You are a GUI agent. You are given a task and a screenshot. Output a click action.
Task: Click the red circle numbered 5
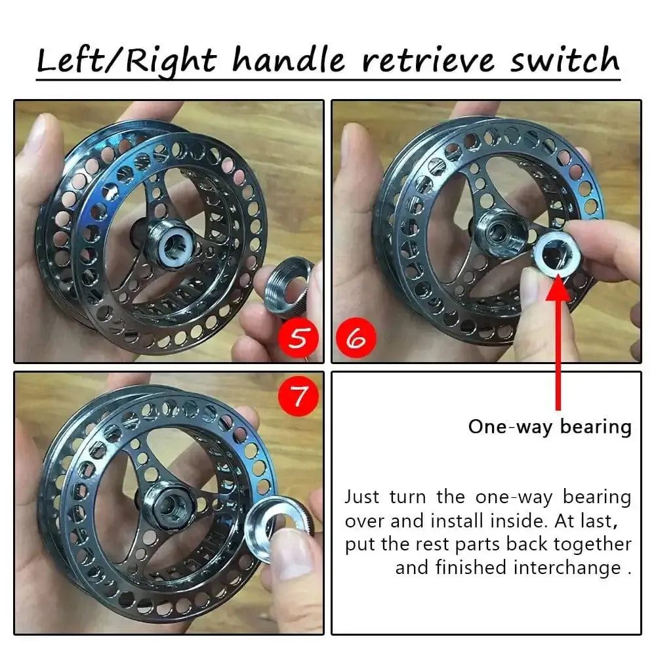pyautogui.click(x=298, y=338)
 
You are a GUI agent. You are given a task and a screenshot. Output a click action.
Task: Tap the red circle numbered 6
pyautogui.click(x=356, y=338)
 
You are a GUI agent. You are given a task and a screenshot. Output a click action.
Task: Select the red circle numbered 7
pyautogui.click(x=298, y=396)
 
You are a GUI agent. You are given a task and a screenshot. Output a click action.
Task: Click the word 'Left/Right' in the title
pyautogui.click(x=126, y=60)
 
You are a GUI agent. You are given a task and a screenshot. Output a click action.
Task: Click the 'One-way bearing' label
pyautogui.click(x=550, y=426)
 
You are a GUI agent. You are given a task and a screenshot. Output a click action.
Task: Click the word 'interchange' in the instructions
pyautogui.click(x=565, y=567)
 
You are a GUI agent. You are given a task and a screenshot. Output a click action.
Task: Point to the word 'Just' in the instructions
pyautogui.click(x=363, y=497)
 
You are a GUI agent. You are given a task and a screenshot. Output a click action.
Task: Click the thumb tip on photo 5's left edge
pyautogui.click(x=35, y=134)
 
